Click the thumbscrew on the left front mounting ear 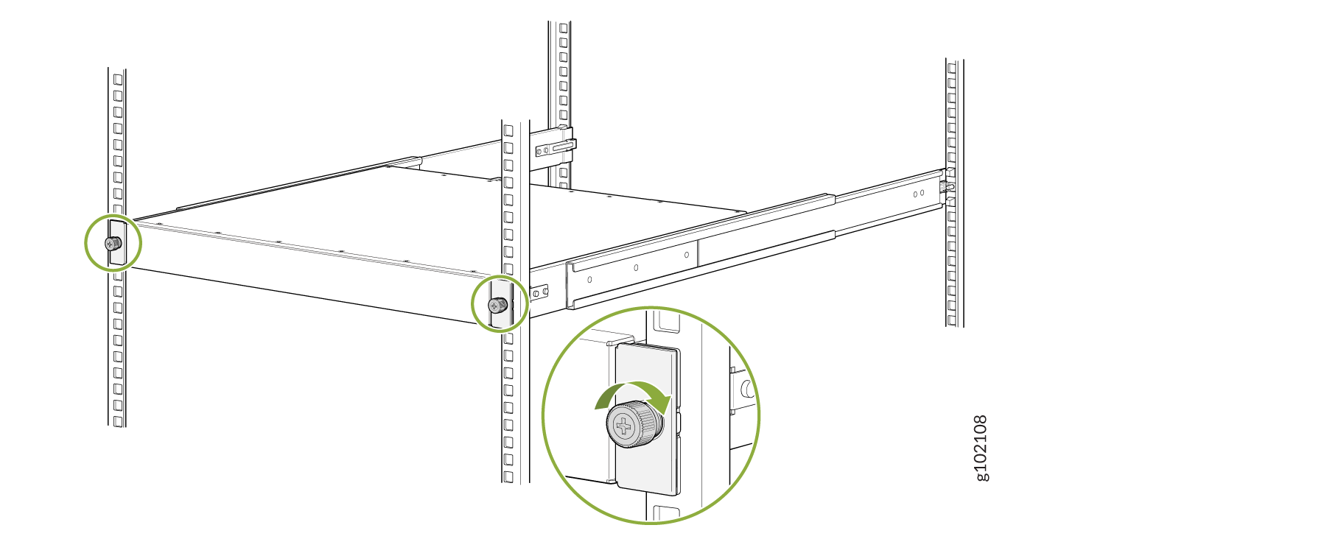tap(113, 243)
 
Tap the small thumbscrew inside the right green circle tap(499, 305)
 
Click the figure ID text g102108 tap(981, 448)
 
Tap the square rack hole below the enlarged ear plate tap(666, 513)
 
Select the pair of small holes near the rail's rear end tap(919, 194)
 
